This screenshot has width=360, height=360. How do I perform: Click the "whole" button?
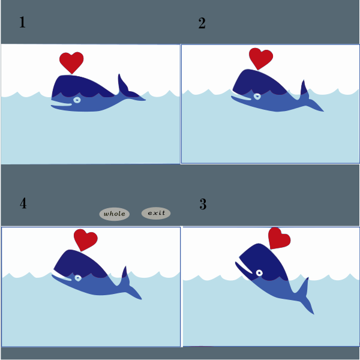tap(115, 214)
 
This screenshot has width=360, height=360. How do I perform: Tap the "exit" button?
tap(156, 213)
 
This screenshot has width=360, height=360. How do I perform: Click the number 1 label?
tap(22, 22)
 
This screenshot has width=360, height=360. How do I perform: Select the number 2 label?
tap(202, 23)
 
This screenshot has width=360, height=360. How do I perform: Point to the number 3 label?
tap(203, 204)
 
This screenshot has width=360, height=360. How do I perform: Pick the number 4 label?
tap(23, 203)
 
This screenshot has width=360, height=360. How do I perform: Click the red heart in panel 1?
tap(71, 62)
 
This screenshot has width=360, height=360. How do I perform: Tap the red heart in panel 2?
tap(260, 58)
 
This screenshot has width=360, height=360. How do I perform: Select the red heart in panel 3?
tap(279, 238)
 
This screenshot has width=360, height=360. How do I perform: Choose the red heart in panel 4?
tap(85, 239)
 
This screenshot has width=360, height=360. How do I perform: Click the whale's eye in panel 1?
tap(77, 100)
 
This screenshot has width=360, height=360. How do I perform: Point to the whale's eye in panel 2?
tap(257, 97)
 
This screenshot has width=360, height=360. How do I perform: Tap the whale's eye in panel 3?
tap(259, 273)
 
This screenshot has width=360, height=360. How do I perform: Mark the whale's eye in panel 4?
tap(78, 278)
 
